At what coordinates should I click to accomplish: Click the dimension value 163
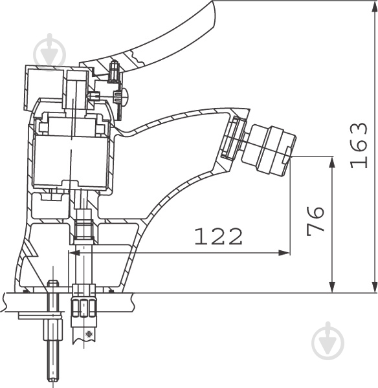point(359,145)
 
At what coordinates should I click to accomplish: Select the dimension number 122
point(218,237)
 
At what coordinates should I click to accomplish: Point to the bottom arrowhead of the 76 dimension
point(333,286)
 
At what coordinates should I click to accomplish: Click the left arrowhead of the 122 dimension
point(74,253)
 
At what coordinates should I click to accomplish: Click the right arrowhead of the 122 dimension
point(283,253)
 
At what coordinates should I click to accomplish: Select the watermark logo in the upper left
point(50,52)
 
